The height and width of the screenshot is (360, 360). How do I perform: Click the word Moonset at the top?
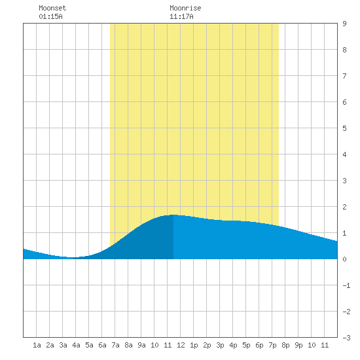tap(52, 8)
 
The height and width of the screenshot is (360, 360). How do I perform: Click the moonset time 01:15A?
tap(50, 16)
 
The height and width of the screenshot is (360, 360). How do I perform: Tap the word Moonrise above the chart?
tap(185, 8)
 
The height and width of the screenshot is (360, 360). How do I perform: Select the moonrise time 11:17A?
tap(181, 16)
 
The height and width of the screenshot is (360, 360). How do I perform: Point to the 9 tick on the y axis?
tap(344, 24)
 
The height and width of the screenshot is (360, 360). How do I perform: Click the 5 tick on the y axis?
tap(344, 128)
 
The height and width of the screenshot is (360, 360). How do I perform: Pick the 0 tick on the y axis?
tap(344, 259)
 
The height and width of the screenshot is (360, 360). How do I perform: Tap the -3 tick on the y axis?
tap(346, 338)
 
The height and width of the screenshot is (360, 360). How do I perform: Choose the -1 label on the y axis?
tap(346, 285)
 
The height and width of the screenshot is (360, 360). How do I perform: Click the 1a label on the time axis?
tap(37, 345)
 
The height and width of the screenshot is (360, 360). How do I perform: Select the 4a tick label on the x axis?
tap(76, 345)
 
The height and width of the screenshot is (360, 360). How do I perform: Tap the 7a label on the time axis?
tap(115, 345)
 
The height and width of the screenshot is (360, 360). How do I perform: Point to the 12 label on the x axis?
tap(181, 345)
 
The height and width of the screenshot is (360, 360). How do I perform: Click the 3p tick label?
tap(220, 345)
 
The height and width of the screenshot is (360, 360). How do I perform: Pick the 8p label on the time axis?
tap(285, 345)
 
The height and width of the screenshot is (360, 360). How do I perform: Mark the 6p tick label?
tap(259, 345)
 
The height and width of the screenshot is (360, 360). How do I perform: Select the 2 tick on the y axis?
tap(344, 207)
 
